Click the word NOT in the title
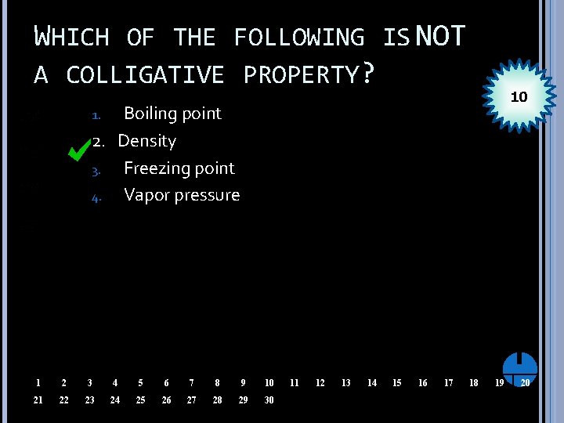tap(441, 35)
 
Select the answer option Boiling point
tap(172, 114)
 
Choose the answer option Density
tap(146, 141)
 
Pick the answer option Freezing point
tap(179, 168)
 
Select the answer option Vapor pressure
tap(182, 195)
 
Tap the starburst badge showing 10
tap(518, 98)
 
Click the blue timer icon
tap(519, 365)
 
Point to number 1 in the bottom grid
tap(38, 383)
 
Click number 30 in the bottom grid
tap(269, 400)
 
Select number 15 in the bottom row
tap(396, 383)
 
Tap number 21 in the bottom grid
tap(38, 400)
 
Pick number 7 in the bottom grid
tap(191, 383)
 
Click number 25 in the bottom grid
tap(140, 400)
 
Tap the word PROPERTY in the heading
tap(301, 74)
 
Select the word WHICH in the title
tap(71, 37)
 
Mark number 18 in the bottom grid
tap(473, 383)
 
